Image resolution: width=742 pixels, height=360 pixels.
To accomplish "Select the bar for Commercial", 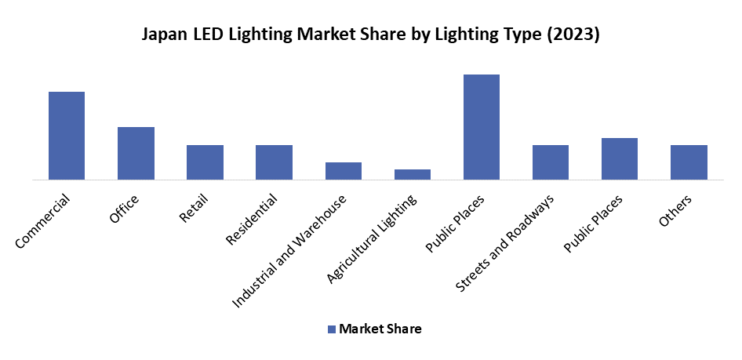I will click(x=67, y=136).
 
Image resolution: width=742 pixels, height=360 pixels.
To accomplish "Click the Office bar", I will click(x=136, y=154).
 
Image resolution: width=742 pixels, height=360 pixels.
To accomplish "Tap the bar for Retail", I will click(x=205, y=162).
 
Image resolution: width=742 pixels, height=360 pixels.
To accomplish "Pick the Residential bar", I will click(x=274, y=162).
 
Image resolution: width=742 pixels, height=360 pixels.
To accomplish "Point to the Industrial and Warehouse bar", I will click(x=343, y=171).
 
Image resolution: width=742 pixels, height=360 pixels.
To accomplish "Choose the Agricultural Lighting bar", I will click(x=412, y=175).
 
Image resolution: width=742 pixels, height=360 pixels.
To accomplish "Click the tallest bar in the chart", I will click(x=481, y=127).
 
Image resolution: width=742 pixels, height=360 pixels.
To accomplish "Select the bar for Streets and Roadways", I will click(x=550, y=162).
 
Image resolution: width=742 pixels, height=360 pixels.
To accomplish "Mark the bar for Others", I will click(x=689, y=162).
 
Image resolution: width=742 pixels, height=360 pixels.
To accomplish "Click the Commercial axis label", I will click(x=43, y=222).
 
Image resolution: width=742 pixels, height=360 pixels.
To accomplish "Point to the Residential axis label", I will click(x=252, y=220).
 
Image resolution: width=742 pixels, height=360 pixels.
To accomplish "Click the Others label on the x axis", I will click(x=675, y=212).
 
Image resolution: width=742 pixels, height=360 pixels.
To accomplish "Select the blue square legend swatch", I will click(x=332, y=329).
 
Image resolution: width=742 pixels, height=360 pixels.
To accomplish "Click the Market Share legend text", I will click(x=380, y=329).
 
